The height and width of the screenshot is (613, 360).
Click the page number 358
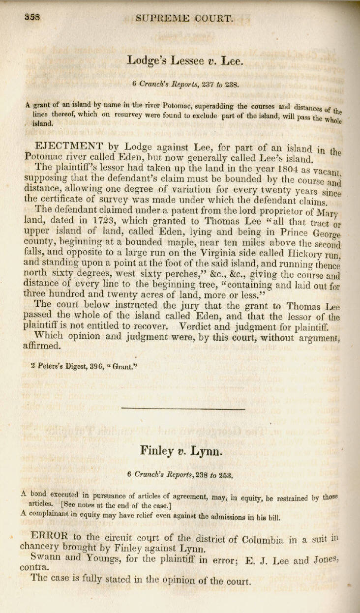[32, 18]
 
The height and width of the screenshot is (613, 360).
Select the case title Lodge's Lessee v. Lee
[184, 60]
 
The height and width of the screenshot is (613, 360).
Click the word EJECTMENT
[66, 147]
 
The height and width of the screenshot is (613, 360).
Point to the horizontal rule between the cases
[182, 408]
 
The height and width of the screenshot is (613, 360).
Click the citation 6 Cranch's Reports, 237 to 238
[185, 84]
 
